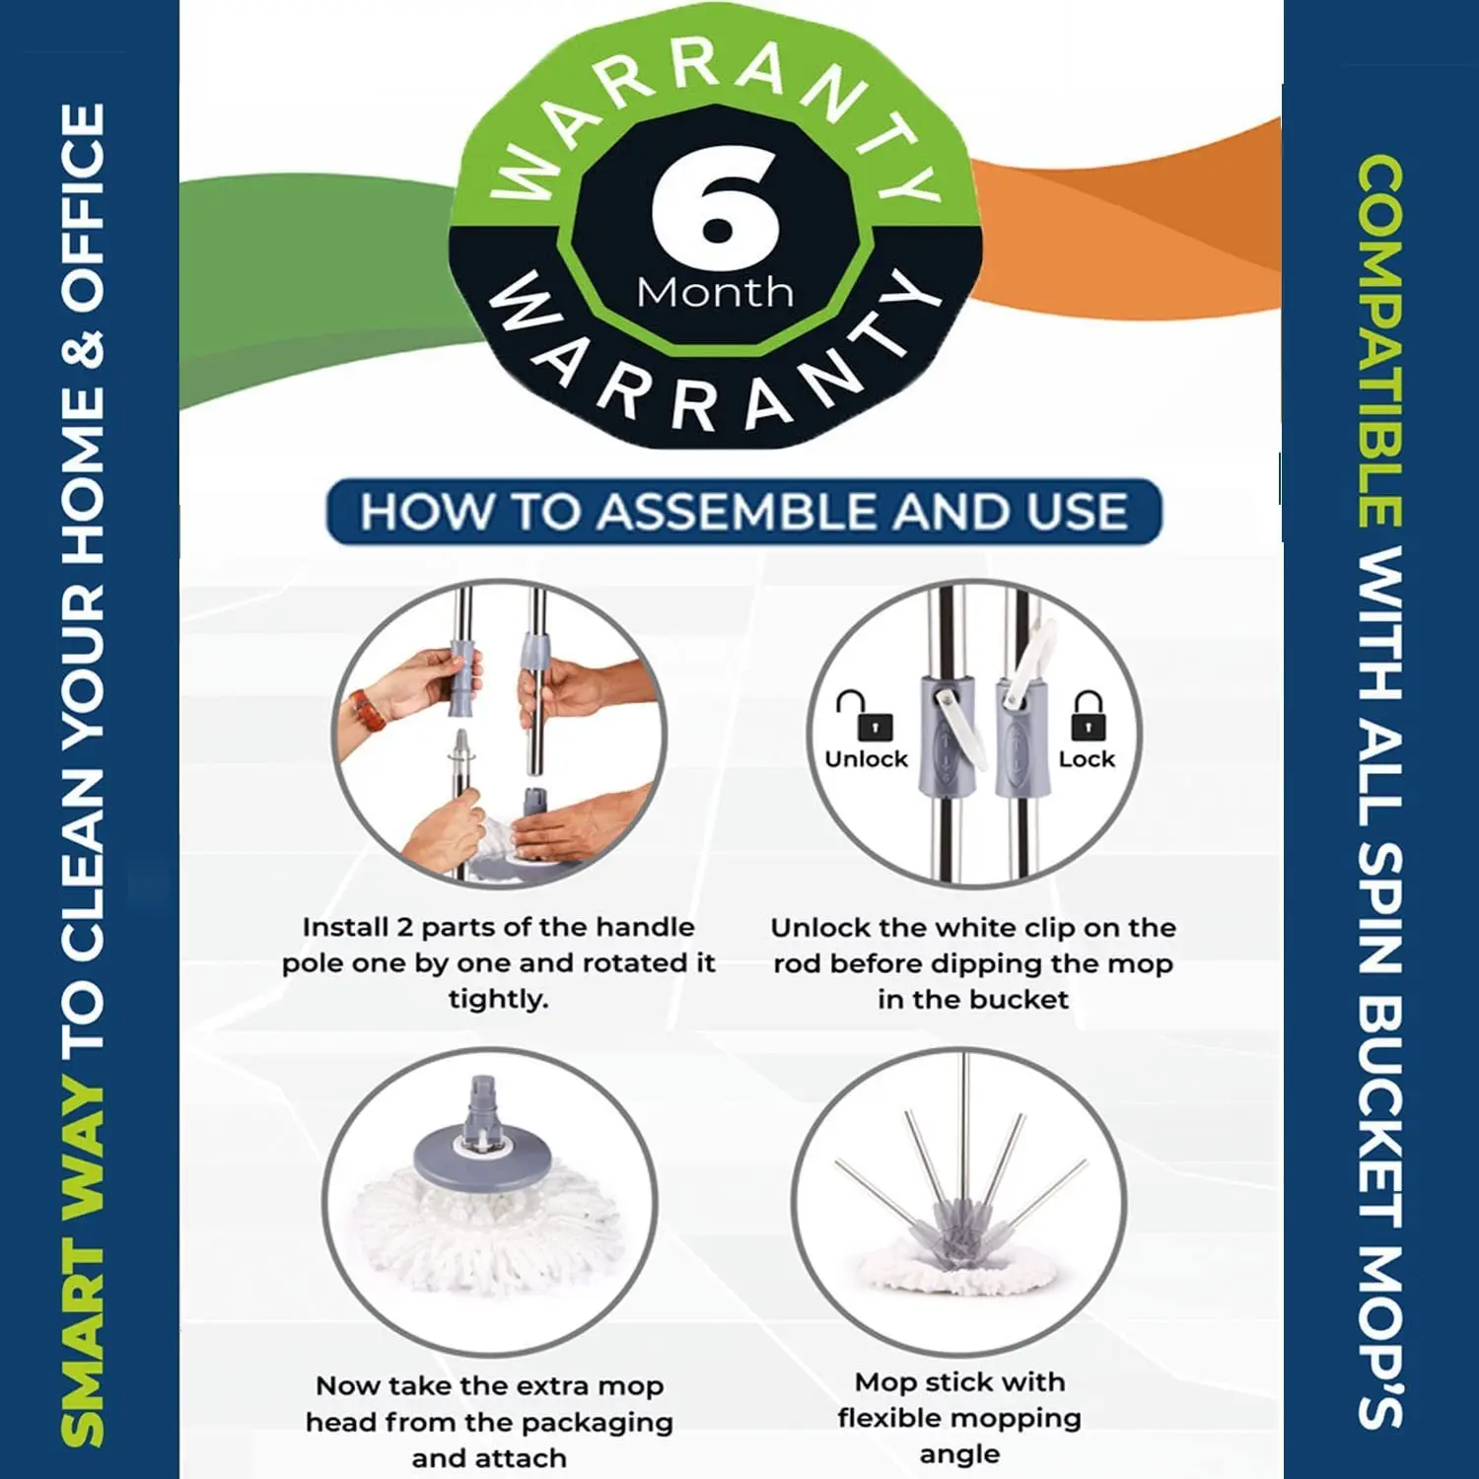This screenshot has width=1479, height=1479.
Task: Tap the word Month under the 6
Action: coord(715,292)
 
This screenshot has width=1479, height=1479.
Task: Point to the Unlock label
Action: coord(867,759)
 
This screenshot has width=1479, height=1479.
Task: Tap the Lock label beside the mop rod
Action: coord(1087,759)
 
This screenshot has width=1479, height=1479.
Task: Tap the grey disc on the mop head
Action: coord(481,1158)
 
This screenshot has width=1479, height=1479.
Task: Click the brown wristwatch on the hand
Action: coord(368,711)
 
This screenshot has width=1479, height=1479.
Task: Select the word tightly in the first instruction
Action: coord(498,1000)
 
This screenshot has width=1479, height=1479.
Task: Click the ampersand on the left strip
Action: coord(83,351)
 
